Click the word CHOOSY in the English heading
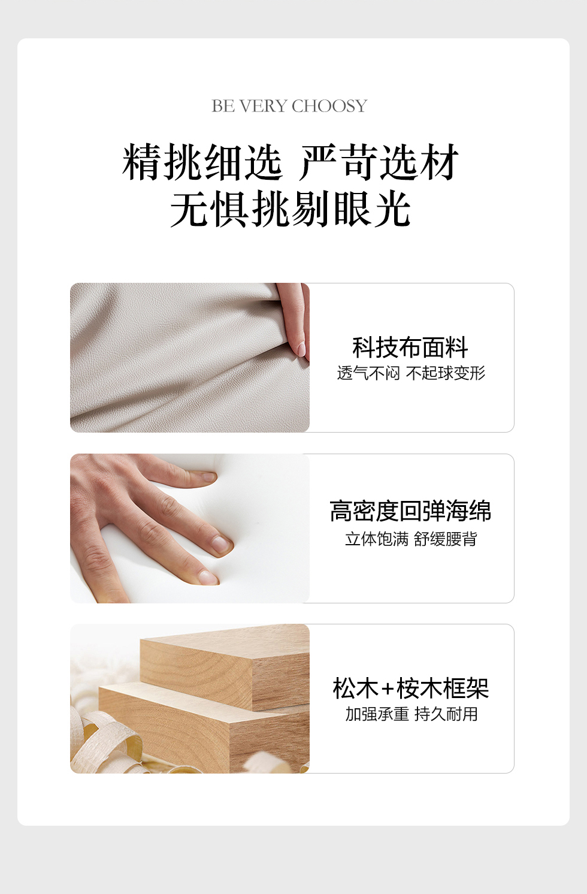pyautogui.click(x=329, y=106)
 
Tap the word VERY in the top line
pyautogui.click(x=264, y=106)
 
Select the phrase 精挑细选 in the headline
pyautogui.click(x=202, y=162)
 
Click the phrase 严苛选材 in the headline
pyautogui.click(x=379, y=162)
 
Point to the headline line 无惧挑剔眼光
pyautogui.click(x=291, y=209)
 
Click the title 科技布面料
pyautogui.click(x=410, y=347)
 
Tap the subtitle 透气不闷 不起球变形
pyautogui.click(x=411, y=373)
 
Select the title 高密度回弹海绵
pyautogui.click(x=410, y=511)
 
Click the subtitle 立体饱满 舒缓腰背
pyautogui.click(x=411, y=539)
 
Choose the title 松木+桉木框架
pyautogui.click(x=411, y=688)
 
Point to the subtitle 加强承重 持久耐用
pyautogui.click(x=411, y=714)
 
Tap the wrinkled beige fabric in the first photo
pyautogui.click(x=180, y=359)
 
